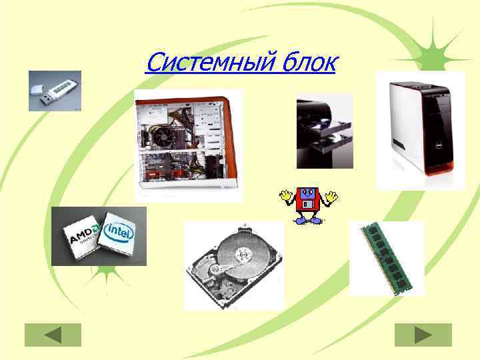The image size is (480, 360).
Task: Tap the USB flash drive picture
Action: click(55, 91)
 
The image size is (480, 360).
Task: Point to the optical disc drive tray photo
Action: click(324, 131)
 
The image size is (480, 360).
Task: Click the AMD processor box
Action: click(83, 237)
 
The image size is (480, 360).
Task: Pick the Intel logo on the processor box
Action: click(120, 231)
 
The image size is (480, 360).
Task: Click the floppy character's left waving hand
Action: click(286, 196)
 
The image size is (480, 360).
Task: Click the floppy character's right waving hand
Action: click(332, 196)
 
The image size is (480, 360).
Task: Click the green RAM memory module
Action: click(387, 259)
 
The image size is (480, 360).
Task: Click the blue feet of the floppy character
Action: click(309, 219)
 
